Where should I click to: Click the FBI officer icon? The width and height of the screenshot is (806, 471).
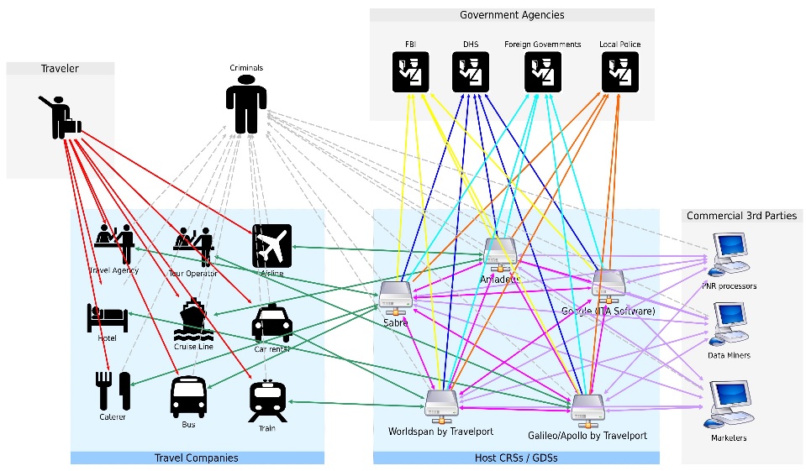tap(411, 71)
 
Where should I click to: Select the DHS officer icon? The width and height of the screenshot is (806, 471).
tap(471, 71)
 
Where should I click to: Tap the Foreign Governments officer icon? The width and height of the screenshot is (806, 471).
tap(543, 71)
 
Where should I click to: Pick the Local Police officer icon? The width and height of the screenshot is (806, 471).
tap(620, 71)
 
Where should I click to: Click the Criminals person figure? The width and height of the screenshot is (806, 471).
tap(246, 102)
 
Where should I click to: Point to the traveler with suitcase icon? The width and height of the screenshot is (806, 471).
tap(61, 118)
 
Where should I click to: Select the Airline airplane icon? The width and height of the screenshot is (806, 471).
tap(271, 245)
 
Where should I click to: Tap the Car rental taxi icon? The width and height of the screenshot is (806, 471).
tap(272, 324)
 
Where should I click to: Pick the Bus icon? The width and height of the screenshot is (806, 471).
tap(188, 396)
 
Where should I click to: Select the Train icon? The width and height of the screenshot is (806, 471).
tap(266, 400)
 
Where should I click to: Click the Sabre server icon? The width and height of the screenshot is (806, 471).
tap(394, 293)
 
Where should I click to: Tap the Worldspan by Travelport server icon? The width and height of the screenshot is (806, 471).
tap(440, 404)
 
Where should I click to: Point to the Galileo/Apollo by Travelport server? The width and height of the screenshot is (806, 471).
tap(587, 407)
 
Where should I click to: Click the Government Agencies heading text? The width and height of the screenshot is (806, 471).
tap(512, 15)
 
